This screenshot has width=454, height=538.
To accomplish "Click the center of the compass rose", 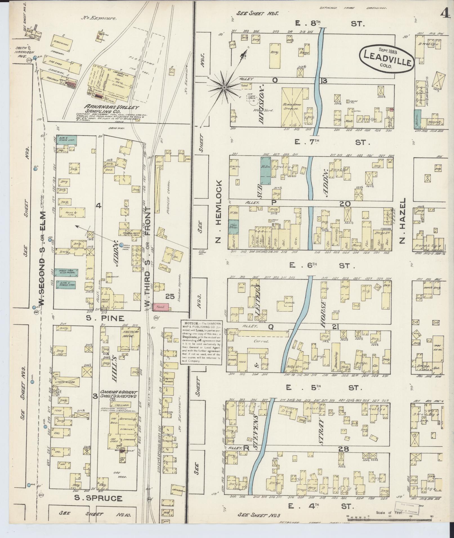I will [224, 88].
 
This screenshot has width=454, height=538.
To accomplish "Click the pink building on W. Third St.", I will [161, 307].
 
